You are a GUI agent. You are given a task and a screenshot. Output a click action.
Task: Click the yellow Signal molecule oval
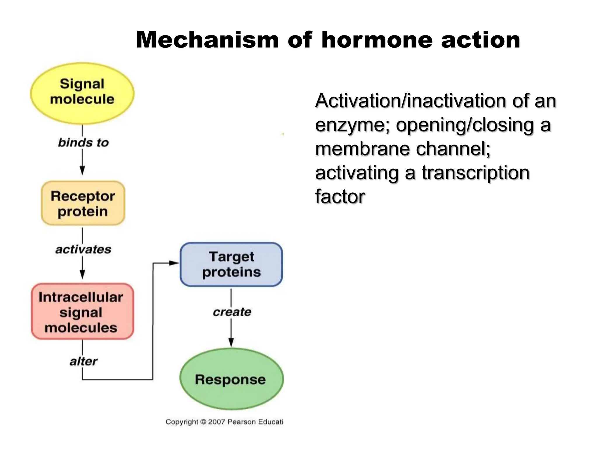82,93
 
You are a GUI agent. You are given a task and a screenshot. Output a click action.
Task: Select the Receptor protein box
83,203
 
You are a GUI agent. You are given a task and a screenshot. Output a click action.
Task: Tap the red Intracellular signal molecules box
82,312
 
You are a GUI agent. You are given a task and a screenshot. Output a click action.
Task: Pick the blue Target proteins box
231,264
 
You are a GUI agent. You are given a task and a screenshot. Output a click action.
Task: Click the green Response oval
231,379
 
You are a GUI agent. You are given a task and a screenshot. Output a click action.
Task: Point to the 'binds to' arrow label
83,143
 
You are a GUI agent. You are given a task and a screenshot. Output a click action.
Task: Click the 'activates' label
83,249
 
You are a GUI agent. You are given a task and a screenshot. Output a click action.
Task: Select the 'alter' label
83,361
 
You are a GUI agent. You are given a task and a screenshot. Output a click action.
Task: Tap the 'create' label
232,312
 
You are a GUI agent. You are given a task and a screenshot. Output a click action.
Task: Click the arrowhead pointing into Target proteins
174,263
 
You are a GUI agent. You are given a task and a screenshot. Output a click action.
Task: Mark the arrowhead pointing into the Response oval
231,342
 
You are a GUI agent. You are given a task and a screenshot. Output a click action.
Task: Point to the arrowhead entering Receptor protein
82,170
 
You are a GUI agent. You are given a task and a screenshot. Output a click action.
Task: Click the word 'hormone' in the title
377,40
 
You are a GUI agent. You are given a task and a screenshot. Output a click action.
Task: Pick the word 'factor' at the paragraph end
340,196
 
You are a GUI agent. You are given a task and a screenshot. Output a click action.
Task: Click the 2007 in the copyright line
216,422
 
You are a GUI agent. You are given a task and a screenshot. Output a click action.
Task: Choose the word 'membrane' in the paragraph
363,149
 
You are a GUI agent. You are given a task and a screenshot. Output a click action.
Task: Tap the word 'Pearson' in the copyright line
241,422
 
